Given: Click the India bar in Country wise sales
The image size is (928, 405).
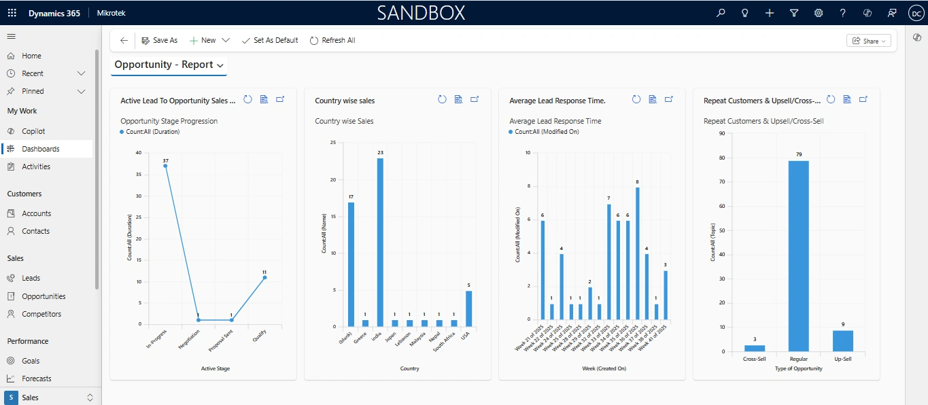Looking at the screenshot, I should pyautogui.click(x=380, y=242).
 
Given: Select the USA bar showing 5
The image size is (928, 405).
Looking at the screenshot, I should pyautogui.click(x=468, y=309).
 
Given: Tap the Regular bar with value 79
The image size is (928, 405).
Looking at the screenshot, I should pyautogui.click(x=798, y=256).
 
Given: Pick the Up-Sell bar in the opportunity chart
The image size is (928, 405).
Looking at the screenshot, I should pyautogui.click(x=842, y=340).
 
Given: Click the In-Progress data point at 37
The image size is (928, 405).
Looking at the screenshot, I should pyautogui.click(x=165, y=166).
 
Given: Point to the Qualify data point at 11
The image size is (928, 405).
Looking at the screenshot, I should pyautogui.click(x=264, y=277).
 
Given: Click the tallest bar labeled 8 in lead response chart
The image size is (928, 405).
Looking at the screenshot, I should pyautogui.click(x=637, y=253).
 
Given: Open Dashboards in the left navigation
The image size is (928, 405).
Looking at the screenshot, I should pyautogui.click(x=40, y=149).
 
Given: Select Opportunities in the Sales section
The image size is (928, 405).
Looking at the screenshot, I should pyautogui.click(x=44, y=296).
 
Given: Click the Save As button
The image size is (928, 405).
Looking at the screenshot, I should pyautogui.click(x=159, y=41).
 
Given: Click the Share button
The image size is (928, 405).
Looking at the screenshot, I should pyautogui.click(x=868, y=41).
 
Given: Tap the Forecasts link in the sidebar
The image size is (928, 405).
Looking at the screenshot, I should pyautogui.click(x=36, y=378).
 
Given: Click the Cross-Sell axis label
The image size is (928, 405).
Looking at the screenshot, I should pyautogui.click(x=755, y=358).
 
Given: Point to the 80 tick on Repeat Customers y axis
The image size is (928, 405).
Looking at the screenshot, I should pyautogui.click(x=721, y=158).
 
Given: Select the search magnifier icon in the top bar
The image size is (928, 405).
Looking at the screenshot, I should pyautogui.click(x=721, y=13).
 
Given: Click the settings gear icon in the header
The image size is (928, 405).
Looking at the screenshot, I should pyautogui.click(x=819, y=13).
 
